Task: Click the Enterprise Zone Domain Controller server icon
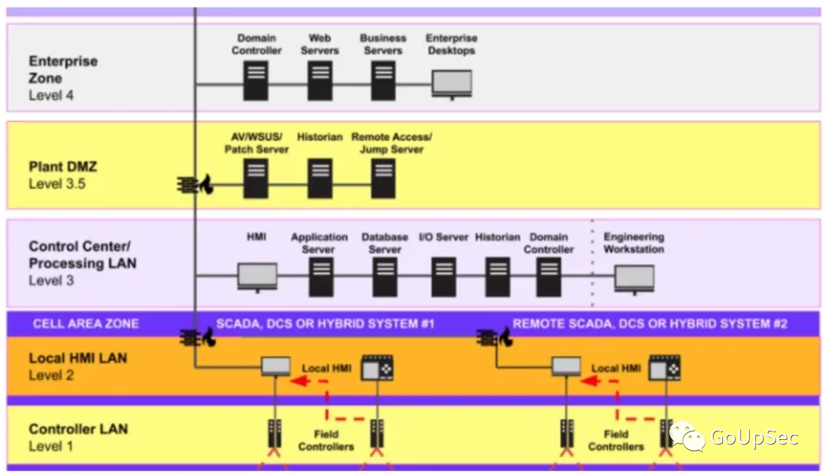click(256, 81)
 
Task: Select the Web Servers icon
click(320, 81)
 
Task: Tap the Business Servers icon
click(383, 81)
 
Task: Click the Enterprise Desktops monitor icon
click(452, 84)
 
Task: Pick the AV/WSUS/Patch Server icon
click(256, 179)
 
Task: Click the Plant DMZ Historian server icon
click(320, 179)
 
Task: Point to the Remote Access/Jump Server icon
click(383, 179)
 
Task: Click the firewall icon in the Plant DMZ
click(195, 185)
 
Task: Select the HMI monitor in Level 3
click(257, 278)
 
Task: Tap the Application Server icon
click(321, 277)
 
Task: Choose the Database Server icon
click(385, 277)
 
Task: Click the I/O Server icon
click(444, 277)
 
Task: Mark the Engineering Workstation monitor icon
click(634, 279)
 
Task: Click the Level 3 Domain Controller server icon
click(549, 277)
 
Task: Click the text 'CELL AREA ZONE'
click(86, 323)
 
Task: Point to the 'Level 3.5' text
click(57, 183)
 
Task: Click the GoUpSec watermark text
click(754, 437)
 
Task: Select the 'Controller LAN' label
click(78, 429)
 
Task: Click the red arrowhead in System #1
click(300, 381)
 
